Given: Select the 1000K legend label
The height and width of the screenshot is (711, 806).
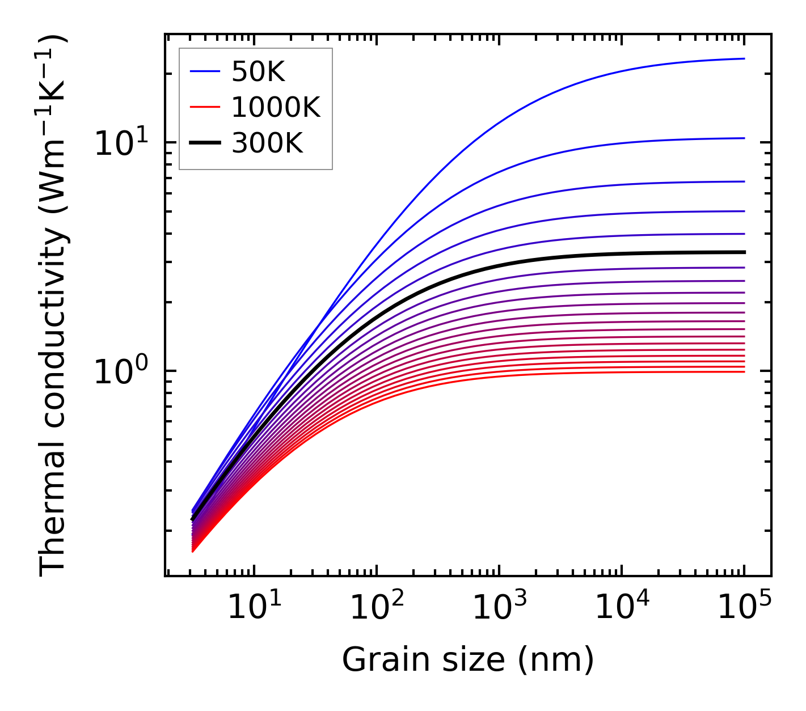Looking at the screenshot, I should pyautogui.click(x=276, y=107).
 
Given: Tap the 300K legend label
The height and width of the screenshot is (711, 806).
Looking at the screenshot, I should pyautogui.click(x=267, y=143).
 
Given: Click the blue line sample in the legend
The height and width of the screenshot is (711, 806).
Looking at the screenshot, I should pyautogui.click(x=204, y=71).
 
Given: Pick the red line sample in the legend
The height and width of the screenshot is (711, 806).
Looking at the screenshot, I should pyautogui.click(x=204, y=107).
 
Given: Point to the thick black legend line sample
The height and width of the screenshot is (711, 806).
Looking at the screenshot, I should pyautogui.click(x=204, y=143).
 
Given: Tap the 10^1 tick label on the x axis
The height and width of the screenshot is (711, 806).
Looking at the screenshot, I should pyautogui.click(x=254, y=609).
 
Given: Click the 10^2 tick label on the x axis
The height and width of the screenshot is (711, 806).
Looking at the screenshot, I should pyautogui.click(x=376, y=609).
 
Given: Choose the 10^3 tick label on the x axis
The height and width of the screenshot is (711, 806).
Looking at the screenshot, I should pyautogui.click(x=499, y=609).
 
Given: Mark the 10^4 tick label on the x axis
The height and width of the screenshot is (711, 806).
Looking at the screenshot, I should pyautogui.click(x=621, y=609).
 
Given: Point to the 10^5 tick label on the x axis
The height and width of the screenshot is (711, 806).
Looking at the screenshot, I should pyautogui.click(x=744, y=609).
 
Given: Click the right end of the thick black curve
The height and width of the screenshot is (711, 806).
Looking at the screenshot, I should pyautogui.click(x=744, y=252).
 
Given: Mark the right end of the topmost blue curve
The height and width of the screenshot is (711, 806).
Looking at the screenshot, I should pyautogui.click(x=744, y=58).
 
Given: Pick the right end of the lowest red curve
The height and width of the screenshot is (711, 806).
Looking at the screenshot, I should pyautogui.click(x=744, y=371).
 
